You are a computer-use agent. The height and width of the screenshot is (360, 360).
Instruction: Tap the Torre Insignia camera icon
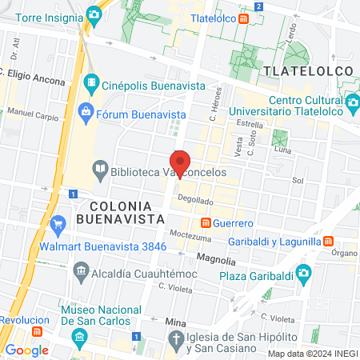[x=94, y=14]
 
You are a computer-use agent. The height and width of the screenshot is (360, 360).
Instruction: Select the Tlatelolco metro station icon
[x=254, y=17]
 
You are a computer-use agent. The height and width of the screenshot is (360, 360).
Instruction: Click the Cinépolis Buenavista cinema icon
[x=94, y=82]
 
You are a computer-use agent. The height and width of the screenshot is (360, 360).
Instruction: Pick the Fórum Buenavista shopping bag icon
[x=86, y=111]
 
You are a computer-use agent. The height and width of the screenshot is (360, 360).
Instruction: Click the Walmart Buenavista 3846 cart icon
[x=57, y=223]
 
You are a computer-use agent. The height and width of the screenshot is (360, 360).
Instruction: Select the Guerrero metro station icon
[x=206, y=222]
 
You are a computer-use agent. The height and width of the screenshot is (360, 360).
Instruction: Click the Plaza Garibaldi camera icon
[x=302, y=274]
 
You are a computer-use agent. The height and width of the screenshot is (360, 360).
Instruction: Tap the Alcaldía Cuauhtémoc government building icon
[x=81, y=272]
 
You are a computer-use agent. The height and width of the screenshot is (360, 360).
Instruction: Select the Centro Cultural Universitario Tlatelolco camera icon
[x=352, y=102]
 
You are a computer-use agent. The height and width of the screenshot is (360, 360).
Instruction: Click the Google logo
[x=26, y=350]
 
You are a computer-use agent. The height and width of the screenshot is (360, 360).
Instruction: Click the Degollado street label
[x=195, y=201]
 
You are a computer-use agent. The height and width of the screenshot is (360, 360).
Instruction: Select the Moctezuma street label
[x=190, y=237]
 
